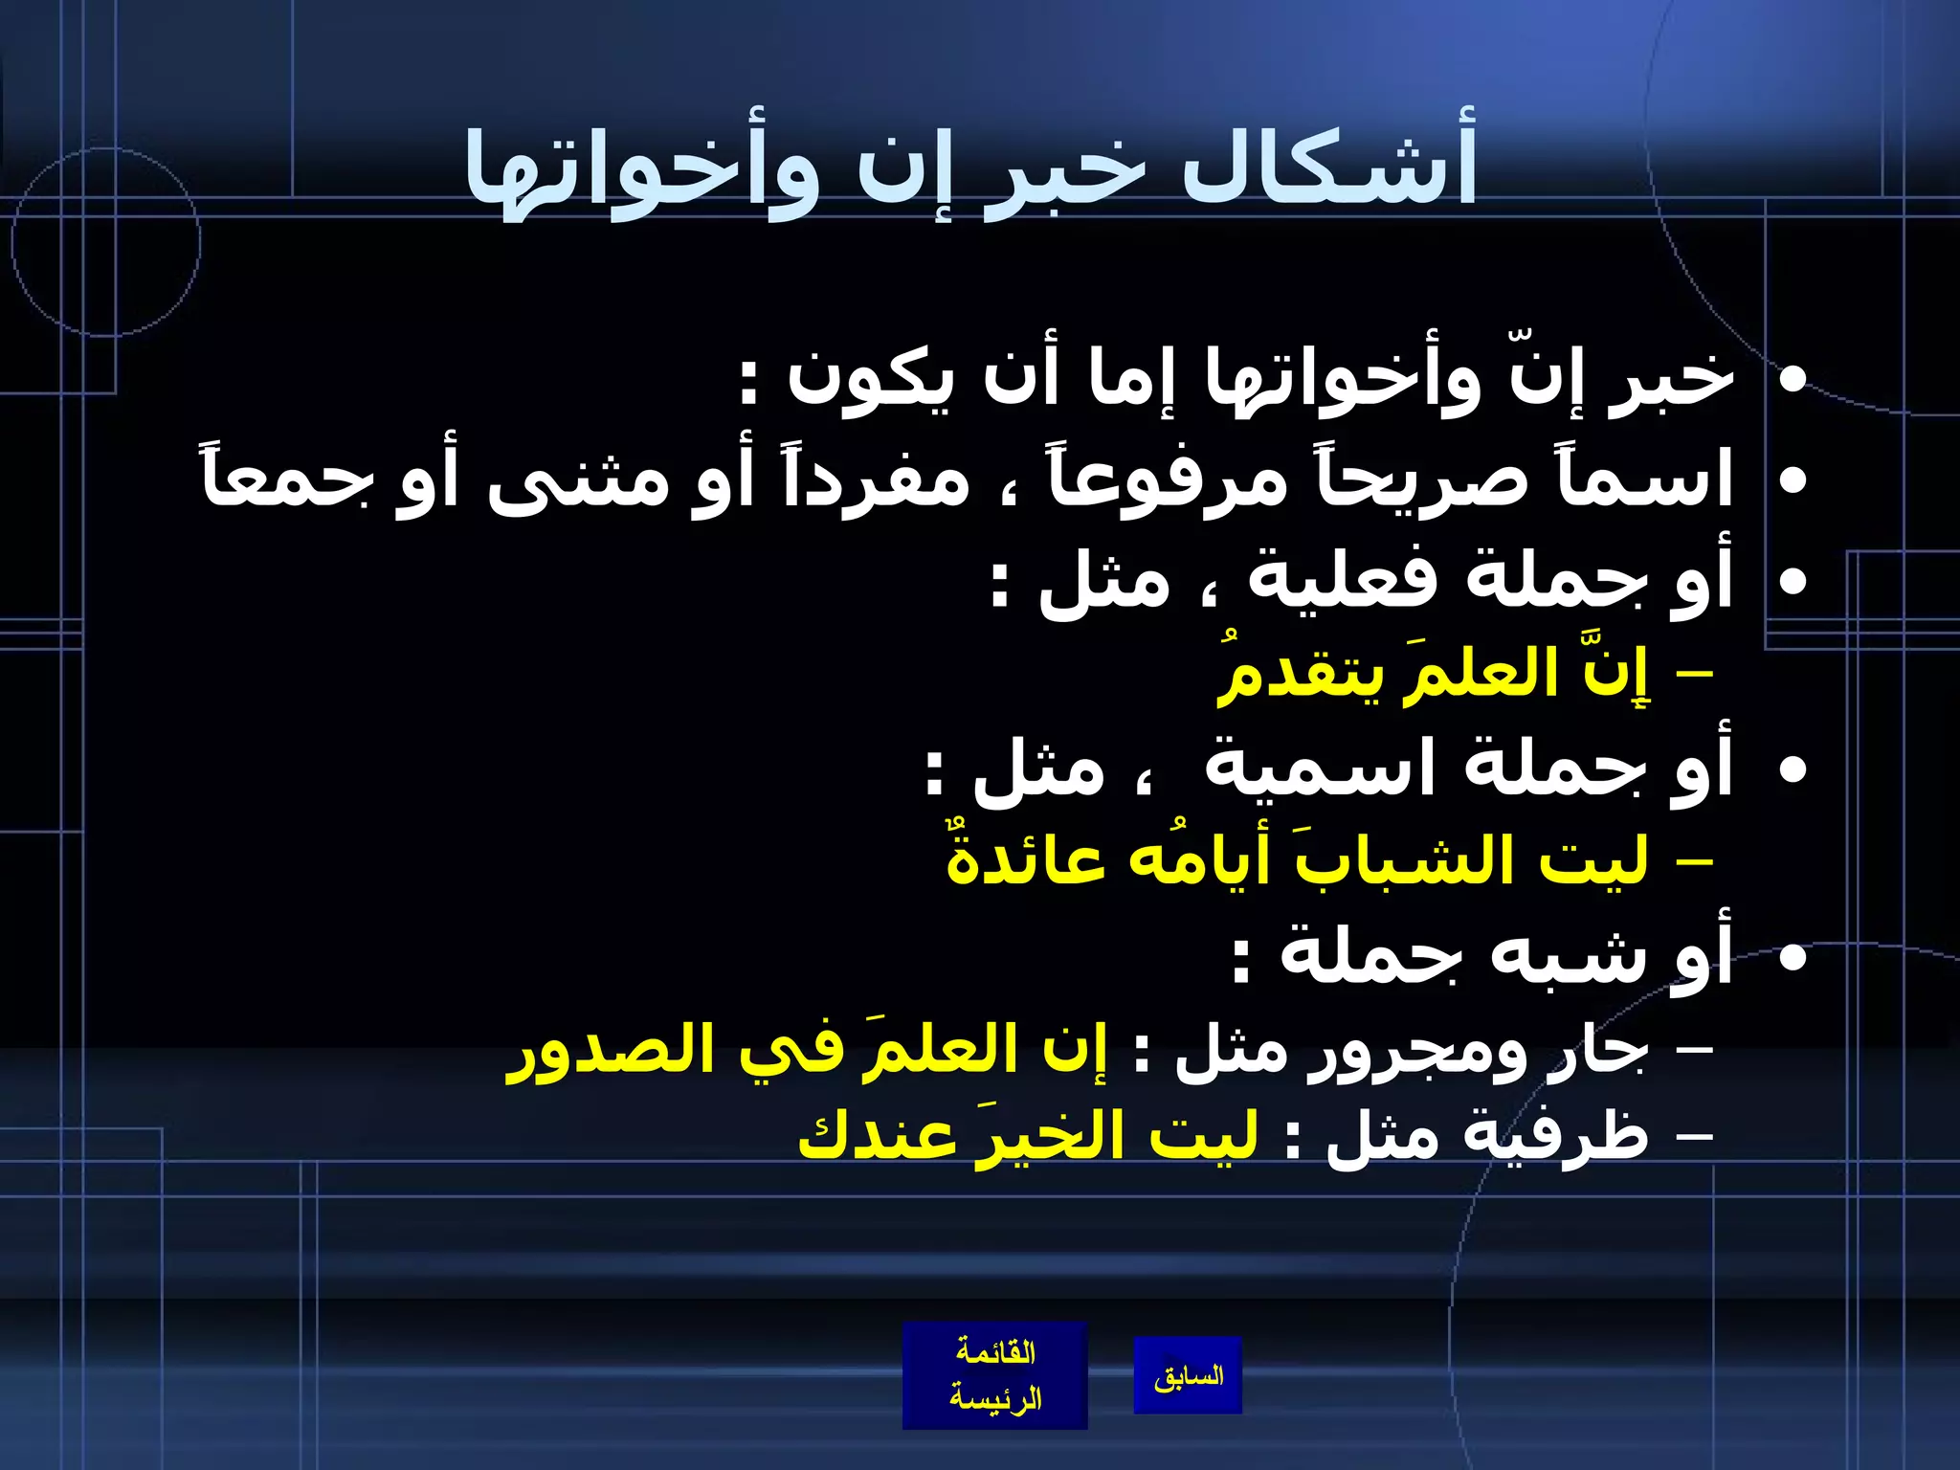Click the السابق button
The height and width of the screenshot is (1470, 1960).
1188,1376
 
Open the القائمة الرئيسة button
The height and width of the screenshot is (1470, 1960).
995,1375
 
